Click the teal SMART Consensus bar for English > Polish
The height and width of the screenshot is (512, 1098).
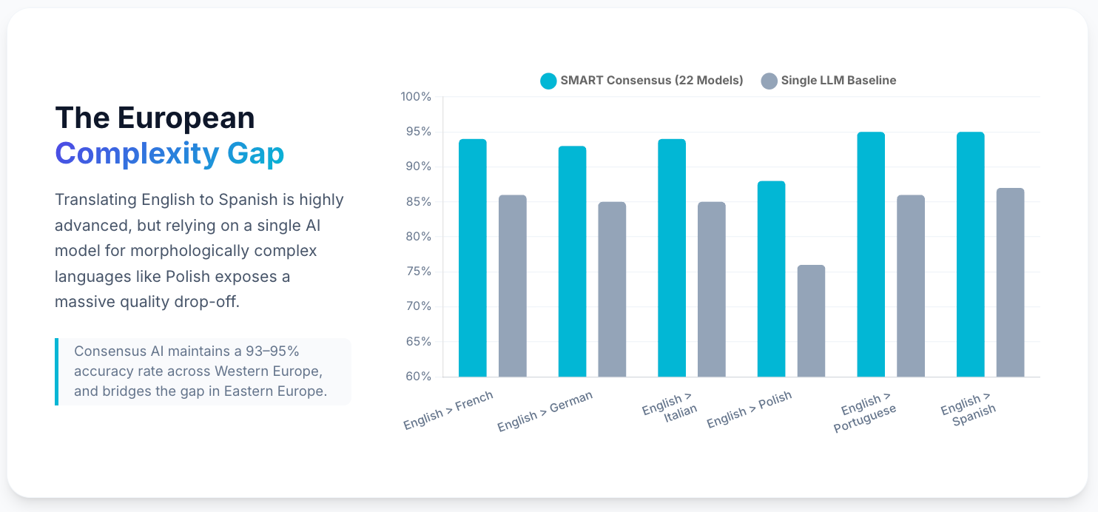click(771, 279)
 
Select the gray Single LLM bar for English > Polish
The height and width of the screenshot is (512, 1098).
click(811, 321)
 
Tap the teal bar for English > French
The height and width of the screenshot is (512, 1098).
click(473, 258)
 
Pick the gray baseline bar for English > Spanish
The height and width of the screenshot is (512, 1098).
click(1010, 283)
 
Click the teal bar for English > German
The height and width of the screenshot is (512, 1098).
click(572, 261)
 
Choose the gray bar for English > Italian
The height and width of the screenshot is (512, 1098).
click(712, 289)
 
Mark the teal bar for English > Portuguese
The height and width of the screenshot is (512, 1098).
click(871, 255)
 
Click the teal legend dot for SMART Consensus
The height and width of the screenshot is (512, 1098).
click(548, 81)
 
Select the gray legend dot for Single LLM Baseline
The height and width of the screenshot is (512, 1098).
click(769, 81)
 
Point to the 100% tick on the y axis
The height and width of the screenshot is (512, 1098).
click(416, 97)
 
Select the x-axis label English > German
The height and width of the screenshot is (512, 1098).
click(545, 411)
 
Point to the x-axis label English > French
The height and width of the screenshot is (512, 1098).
click(448, 411)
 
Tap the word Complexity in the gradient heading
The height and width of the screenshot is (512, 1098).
click(137, 154)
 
